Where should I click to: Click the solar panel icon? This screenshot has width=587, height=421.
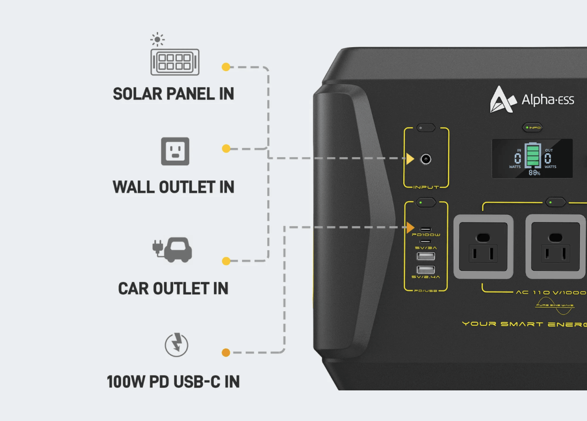175,61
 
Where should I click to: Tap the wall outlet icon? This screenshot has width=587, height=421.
175,151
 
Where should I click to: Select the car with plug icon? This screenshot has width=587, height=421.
172,250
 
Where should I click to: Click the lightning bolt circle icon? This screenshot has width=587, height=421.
176,345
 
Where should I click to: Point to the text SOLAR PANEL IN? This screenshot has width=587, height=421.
173,94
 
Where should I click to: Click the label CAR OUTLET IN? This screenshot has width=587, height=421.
173,288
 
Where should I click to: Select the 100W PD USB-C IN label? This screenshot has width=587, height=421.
173,381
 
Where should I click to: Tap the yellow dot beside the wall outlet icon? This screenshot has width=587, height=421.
226,149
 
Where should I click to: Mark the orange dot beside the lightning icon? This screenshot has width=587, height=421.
226,352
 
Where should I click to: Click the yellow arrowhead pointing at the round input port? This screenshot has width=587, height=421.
410,159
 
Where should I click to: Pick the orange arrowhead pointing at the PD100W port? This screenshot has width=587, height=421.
410,227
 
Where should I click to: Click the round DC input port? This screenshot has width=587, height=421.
426,159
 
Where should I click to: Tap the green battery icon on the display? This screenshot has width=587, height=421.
533,156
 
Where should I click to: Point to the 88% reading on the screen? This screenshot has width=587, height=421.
534,173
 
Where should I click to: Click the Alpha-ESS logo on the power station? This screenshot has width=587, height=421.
532,99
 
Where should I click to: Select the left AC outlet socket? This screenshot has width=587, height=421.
483,247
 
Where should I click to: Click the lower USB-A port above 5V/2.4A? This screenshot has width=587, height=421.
425,270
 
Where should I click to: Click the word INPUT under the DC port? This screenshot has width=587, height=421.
426,187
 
